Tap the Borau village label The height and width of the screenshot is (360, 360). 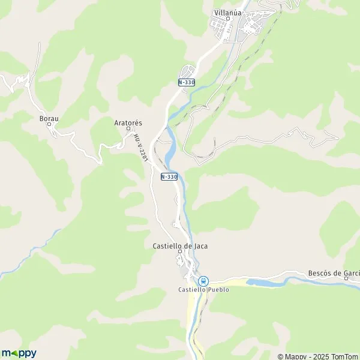pyautogui.click(x=49, y=119)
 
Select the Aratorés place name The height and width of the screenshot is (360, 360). pyautogui.click(x=128, y=122)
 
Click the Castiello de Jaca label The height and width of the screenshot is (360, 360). pyautogui.click(x=175, y=246)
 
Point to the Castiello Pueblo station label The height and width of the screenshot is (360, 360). pyautogui.click(x=203, y=289)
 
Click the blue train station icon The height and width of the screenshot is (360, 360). pyautogui.click(x=203, y=280)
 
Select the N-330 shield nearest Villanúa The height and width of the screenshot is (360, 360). pyautogui.click(x=186, y=82)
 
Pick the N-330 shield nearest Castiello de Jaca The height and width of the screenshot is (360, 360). pyautogui.click(x=169, y=176)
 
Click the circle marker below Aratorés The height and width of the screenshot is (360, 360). pyautogui.click(x=128, y=128)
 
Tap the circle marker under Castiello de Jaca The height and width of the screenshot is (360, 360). pyautogui.click(x=178, y=252)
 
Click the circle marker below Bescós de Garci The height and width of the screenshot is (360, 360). pyautogui.click(x=346, y=279)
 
